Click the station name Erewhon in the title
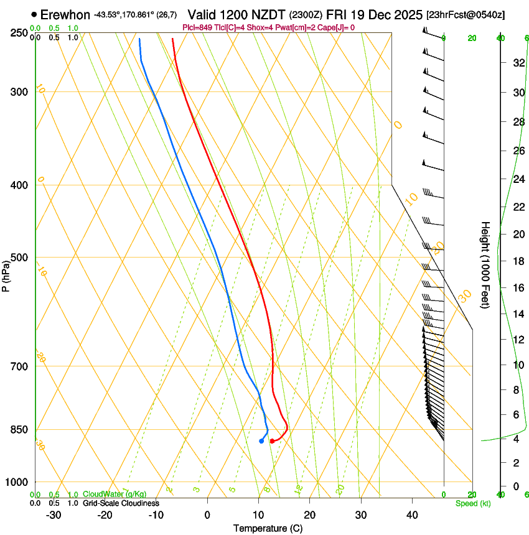pyautogui.click(x=65, y=14)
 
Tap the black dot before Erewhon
pyautogui.click(x=34, y=14)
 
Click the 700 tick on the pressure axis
pyautogui.click(x=20, y=366)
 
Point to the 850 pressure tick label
pyautogui.click(x=20, y=429)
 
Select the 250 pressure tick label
pyautogui.click(x=20, y=33)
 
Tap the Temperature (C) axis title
pyautogui.click(x=268, y=528)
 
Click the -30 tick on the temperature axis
pyautogui.click(x=54, y=514)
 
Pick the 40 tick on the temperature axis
pyautogui.click(x=412, y=514)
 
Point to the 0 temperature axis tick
pyautogui.click(x=207, y=514)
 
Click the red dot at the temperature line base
pyautogui.click(x=272, y=441)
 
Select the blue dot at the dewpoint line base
pyautogui.click(x=261, y=441)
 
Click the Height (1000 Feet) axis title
pyautogui.click(x=485, y=264)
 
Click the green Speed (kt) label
pyautogui.click(x=473, y=503)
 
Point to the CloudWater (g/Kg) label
pyautogui.click(x=115, y=495)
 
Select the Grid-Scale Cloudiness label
pyautogui.click(x=121, y=503)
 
